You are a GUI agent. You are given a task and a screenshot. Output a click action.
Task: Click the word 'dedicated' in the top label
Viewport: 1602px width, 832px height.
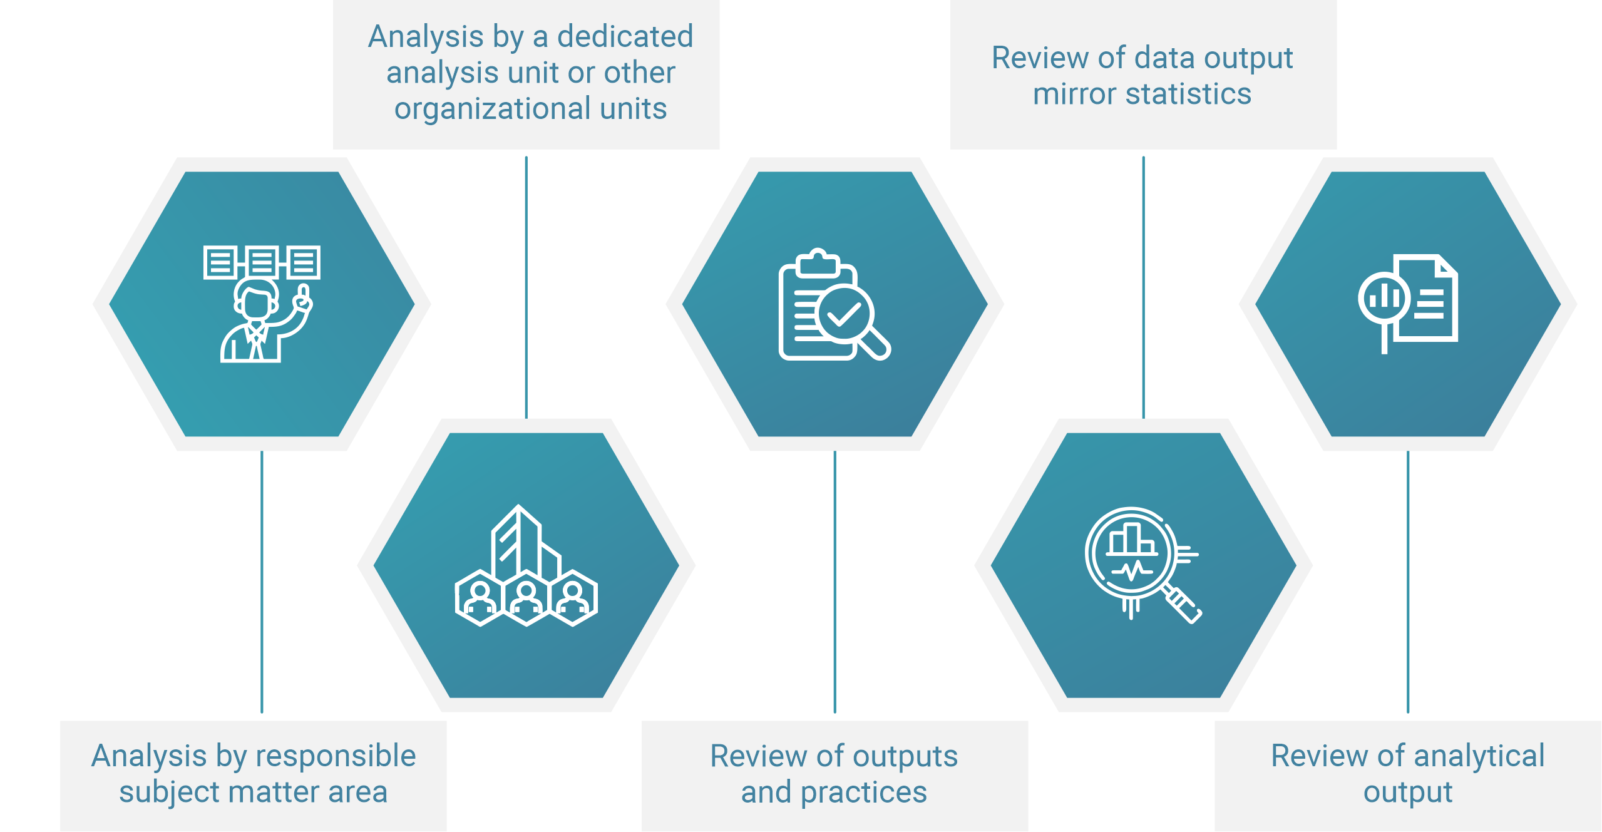625,36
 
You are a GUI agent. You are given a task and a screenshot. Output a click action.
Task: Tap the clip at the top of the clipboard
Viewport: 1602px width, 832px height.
818,262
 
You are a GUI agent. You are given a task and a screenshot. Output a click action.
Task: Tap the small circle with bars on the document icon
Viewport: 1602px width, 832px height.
1384,298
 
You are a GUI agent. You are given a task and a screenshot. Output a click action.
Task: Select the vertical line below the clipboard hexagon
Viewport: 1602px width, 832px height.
834,582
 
